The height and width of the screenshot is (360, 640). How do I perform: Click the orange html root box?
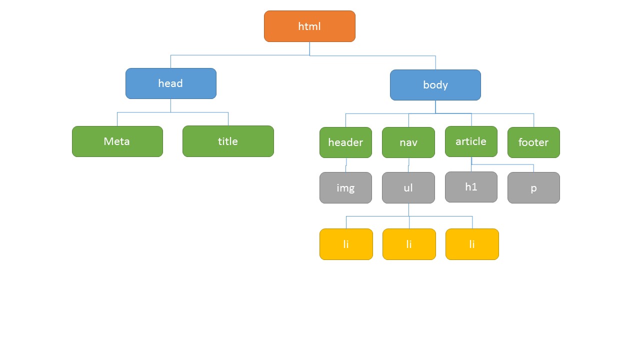click(x=309, y=26)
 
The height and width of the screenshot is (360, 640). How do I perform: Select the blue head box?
click(x=171, y=83)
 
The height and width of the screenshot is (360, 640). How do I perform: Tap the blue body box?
click(x=435, y=85)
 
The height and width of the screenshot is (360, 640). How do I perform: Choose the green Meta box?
click(x=117, y=141)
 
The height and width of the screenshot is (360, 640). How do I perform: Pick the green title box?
click(x=228, y=141)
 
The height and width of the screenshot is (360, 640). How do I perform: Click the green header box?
click(x=345, y=142)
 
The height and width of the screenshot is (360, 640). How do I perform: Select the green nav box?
click(x=408, y=142)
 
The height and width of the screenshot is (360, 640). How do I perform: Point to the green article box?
click(x=471, y=141)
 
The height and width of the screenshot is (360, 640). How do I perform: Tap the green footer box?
click(x=533, y=142)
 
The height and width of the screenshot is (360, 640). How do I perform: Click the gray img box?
click(x=345, y=187)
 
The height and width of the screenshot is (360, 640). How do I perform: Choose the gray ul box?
click(x=408, y=187)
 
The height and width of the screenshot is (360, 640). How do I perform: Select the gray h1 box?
click(x=471, y=187)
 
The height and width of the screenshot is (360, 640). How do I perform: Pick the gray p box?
click(x=533, y=187)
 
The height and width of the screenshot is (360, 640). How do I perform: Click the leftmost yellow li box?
click(x=346, y=244)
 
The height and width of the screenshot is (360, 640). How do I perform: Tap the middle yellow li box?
click(x=409, y=244)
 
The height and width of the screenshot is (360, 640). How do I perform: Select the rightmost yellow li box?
click(x=472, y=244)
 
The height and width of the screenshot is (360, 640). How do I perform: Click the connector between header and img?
click(x=346, y=165)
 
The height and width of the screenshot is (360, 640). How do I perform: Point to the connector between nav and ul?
click(x=408, y=165)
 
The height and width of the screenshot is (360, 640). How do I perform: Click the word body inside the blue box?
click(x=435, y=85)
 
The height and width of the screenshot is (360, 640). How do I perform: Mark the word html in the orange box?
click(x=309, y=26)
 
